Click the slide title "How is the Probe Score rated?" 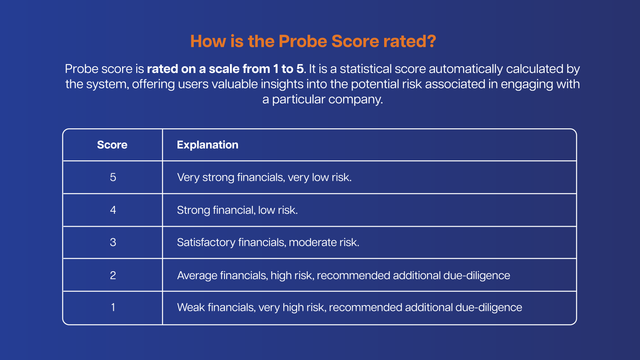[x=313, y=42]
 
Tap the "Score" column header [x=112, y=145]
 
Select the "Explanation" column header [x=207, y=145]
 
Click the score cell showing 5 [x=113, y=177]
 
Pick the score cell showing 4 [x=113, y=210]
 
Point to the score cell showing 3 [x=113, y=242]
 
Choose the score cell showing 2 [x=113, y=275]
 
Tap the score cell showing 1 [x=113, y=307]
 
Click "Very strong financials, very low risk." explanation [x=264, y=177]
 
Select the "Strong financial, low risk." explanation [x=237, y=210]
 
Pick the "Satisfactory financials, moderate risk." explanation [x=268, y=242]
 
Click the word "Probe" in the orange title [x=303, y=42]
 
